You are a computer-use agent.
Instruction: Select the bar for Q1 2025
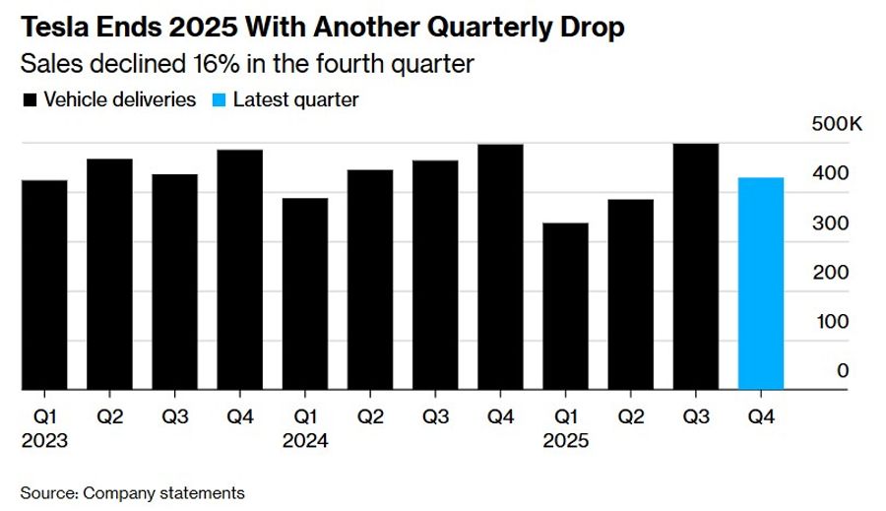(x=565, y=306)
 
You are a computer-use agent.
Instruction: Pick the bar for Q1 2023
(x=44, y=285)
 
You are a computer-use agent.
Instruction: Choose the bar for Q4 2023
(x=239, y=270)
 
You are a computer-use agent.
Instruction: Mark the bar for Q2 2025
(x=630, y=294)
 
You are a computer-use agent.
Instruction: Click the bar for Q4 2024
(x=500, y=267)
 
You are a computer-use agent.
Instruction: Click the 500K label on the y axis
(x=836, y=125)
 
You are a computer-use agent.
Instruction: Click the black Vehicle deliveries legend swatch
(x=30, y=100)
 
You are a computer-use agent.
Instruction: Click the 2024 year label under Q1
(x=305, y=441)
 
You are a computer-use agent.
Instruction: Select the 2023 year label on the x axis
(x=44, y=441)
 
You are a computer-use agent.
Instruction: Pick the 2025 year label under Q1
(x=565, y=441)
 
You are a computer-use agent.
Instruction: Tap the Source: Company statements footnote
(x=132, y=492)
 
